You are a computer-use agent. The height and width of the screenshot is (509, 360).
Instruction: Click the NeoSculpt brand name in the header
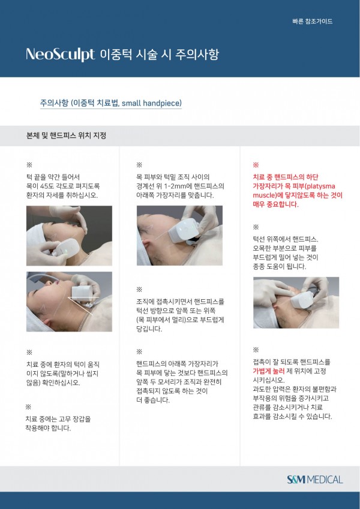click(60, 54)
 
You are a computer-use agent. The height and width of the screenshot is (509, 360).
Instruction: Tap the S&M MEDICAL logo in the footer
click(314, 480)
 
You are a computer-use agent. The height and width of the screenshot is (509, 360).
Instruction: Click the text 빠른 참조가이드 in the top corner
click(312, 22)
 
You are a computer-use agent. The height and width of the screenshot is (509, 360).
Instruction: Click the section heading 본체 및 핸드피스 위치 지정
click(66, 135)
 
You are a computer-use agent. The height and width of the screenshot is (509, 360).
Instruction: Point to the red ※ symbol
click(256, 165)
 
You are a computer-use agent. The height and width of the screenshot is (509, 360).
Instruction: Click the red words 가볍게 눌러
click(269, 371)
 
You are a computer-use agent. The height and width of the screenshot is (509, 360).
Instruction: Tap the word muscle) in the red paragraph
click(264, 195)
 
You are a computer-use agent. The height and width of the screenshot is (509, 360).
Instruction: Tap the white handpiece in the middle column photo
click(184, 230)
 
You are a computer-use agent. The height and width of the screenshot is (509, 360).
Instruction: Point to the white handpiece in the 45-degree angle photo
click(85, 292)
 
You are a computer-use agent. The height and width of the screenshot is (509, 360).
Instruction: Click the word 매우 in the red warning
click(259, 204)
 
